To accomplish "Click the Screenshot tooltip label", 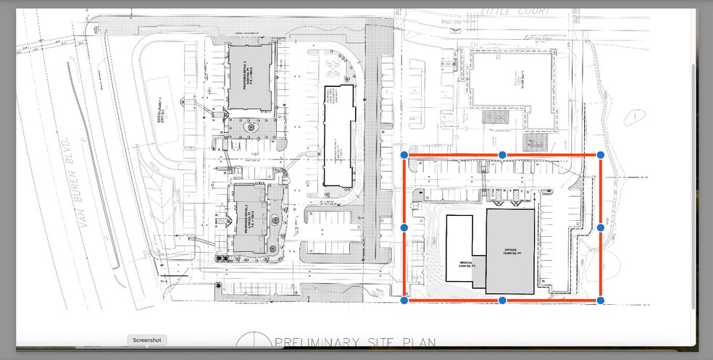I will pyautogui.click(x=147, y=340).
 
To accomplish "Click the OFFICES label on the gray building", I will pyautogui.click(x=510, y=253).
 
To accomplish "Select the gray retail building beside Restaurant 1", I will pyautogui.click(x=251, y=76).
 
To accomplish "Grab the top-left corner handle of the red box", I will pyautogui.click(x=404, y=155).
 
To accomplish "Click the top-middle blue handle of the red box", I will pyautogui.click(x=502, y=155).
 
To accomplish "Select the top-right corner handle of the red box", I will pyautogui.click(x=601, y=155).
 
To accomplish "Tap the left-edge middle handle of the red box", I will pyautogui.click(x=404, y=227).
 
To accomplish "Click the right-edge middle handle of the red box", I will pyautogui.click(x=601, y=227).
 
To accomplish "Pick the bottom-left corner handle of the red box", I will pyautogui.click(x=404, y=300).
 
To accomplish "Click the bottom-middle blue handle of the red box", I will pyautogui.click(x=502, y=300).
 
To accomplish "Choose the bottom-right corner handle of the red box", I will pyautogui.click(x=601, y=300).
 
